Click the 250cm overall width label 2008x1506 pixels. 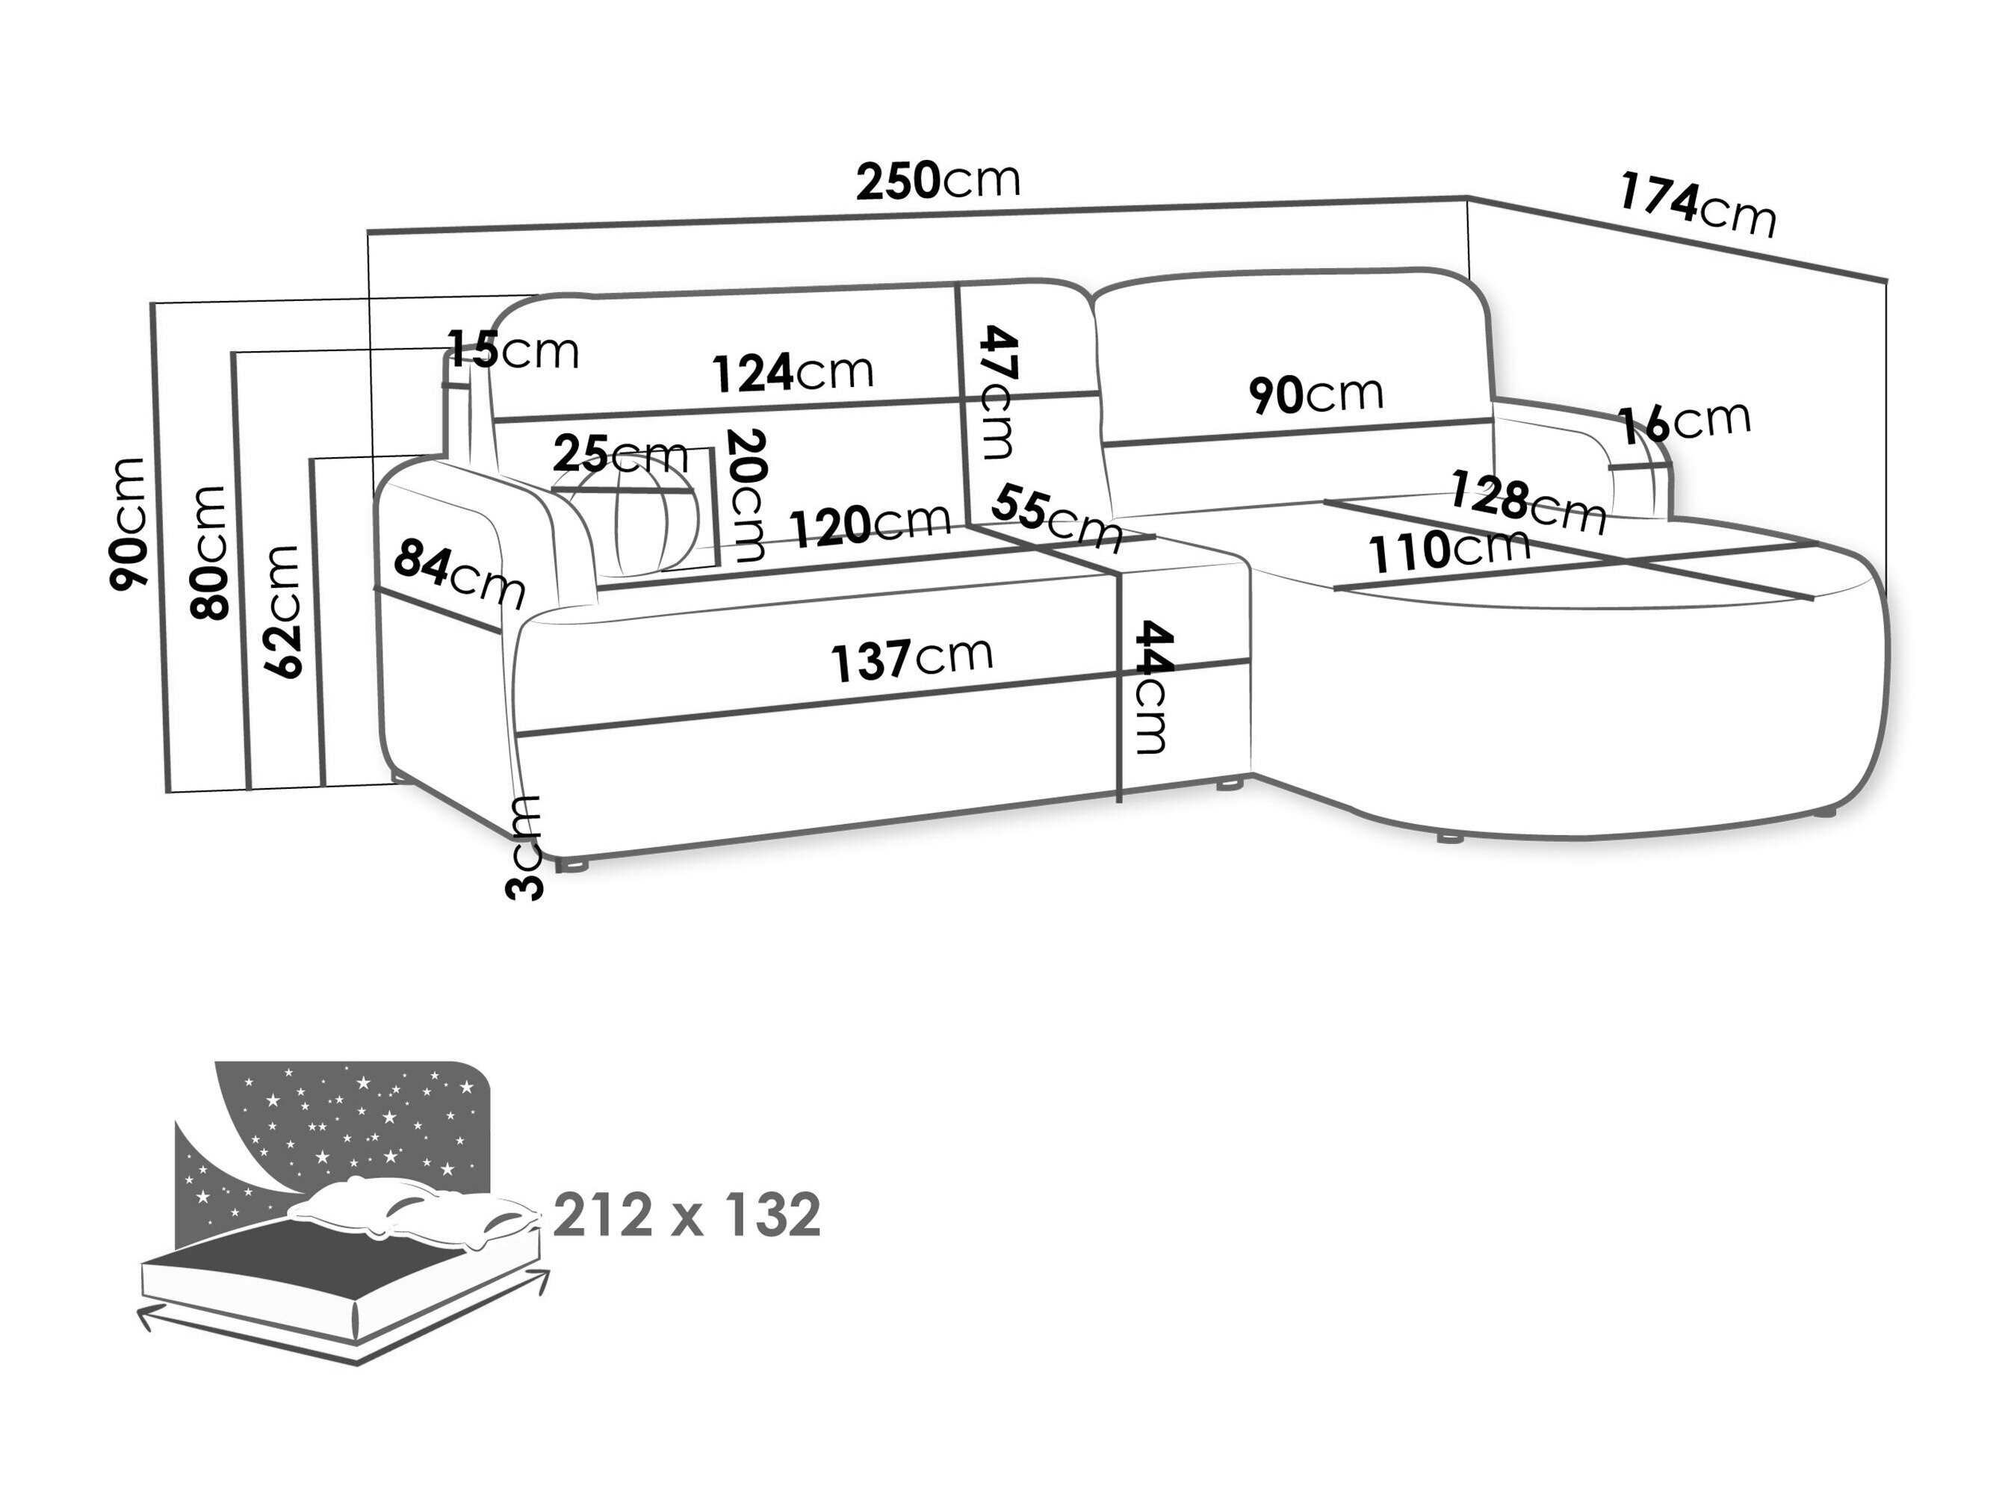(938, 181)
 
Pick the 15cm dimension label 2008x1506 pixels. (514, 350)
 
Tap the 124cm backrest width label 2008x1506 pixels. (793, 372)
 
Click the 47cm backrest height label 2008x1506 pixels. (1000, 392)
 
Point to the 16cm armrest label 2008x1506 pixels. (1684, 423)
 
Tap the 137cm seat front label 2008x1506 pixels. (911, 658)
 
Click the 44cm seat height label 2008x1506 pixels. (1152, 687)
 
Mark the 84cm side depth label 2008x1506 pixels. (459, 573)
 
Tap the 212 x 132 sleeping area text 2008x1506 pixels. (687, 1215)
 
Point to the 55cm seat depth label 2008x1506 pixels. (1056, 518)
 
